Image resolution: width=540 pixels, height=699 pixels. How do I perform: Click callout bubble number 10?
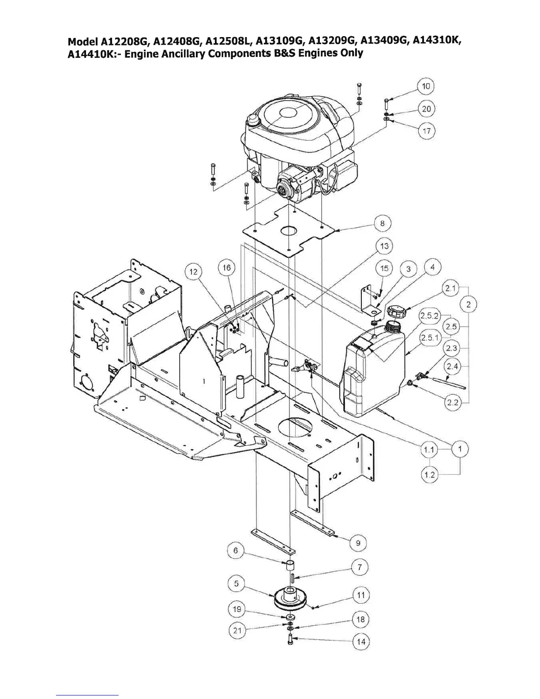pyautogui.click(x=426, y=86)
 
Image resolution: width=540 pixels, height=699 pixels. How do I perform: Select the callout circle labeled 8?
pyautogui.click(x=382, y=223)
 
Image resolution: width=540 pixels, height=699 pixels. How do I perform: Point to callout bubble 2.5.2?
pyautogui.click(x=429, y=316)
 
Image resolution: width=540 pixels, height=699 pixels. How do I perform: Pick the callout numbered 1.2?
pyautogui.click(x=430, y=475)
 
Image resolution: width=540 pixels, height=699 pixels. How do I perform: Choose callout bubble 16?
pyautogui.click(x=227, y=267)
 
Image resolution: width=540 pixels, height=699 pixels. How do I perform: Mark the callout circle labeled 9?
pyautogui.click(x=358, y=543)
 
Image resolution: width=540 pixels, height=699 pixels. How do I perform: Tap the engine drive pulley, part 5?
pyautogui.click(x=290, y=601)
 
